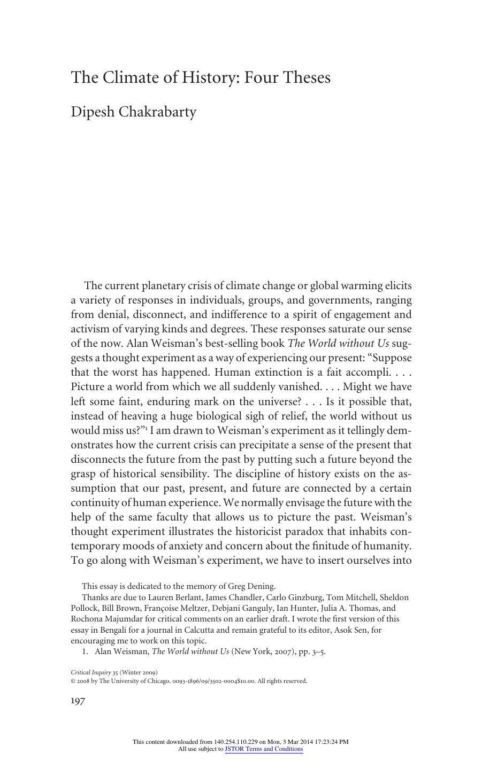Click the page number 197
click(78, 701)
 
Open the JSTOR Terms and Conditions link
click(264, 749)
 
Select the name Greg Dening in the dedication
click(253, 586)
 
